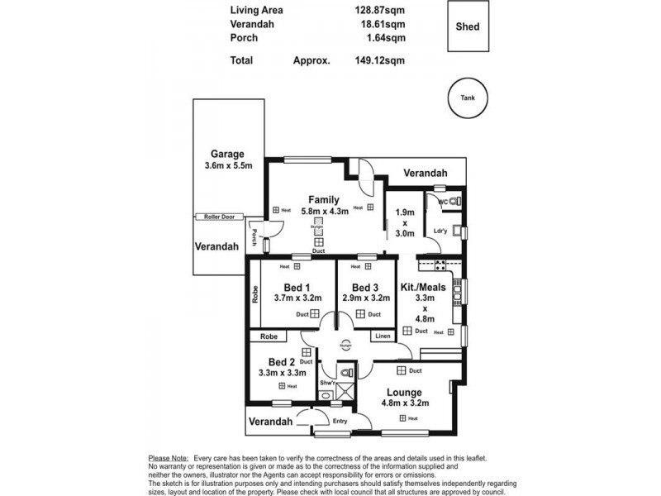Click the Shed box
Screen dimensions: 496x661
pyautogui.click(x=467, y=27)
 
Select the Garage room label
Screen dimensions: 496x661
pyautogui.click(x=226, y=154)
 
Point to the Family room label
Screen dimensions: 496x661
pyautogui.click(x=324, y=200)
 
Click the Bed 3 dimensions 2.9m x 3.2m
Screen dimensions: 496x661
pyautogui.click(x=364, y=298)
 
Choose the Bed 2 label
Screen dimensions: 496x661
pyautogui.click(x=282, y=362)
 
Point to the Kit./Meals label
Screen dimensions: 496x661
pyautogui.click(x=423, y=287)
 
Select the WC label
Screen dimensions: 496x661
pyautogui.click(x=442, y=201)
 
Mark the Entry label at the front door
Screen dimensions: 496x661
pyautogui.click(x=340, y=421)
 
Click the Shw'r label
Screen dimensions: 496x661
pyautogui.click(x=328, y=384)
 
